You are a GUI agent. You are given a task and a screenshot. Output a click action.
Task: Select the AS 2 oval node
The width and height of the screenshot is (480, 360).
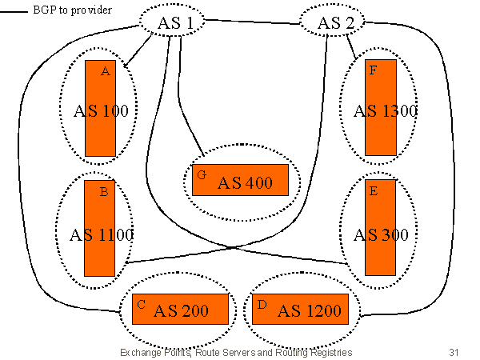(x=334, y=22)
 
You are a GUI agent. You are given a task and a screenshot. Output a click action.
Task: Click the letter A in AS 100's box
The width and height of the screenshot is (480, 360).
(x=105, y=71)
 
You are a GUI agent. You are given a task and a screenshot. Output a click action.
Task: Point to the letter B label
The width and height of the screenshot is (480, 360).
(x=104, y=192)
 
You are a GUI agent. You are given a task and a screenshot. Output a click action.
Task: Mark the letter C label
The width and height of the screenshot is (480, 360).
(x=141, y=304)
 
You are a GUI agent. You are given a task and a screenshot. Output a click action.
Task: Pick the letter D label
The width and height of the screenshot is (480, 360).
(x=262, y=304)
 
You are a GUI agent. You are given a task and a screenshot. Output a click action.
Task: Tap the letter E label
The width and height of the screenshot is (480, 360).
(x=373, y=192)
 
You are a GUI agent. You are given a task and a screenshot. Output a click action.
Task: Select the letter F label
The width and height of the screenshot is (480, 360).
(x=372, y=70)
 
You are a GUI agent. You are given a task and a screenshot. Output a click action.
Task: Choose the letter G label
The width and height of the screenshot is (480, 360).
(x=202, y=174)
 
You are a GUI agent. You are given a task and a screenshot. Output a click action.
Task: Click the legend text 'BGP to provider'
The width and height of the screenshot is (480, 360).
(x=72, y=10)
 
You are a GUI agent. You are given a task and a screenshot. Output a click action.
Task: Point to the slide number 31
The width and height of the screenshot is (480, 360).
(x=455, y=352)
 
